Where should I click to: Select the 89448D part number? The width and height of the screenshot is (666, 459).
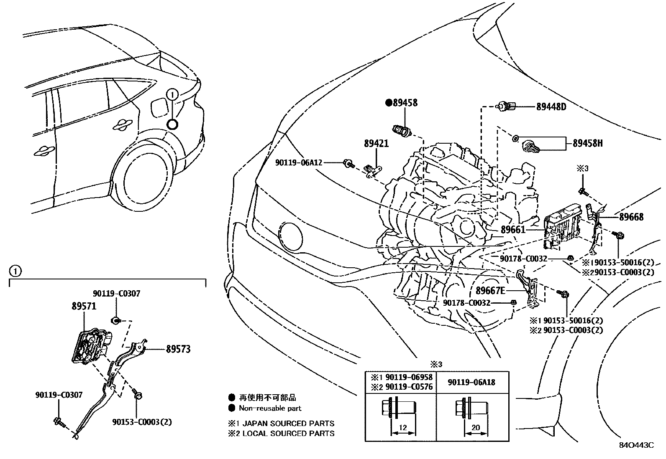point(551,107)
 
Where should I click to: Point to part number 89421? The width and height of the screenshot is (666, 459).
point(376,144)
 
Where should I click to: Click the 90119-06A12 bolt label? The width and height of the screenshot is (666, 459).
point(299,162)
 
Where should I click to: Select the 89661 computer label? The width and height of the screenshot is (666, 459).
point(513,229)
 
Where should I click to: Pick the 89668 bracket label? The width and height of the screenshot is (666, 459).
point(631,217)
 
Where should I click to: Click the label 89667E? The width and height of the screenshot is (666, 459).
point(490,290)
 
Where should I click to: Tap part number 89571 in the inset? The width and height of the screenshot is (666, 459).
point(84,306)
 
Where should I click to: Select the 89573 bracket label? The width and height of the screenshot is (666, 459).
point(178,349)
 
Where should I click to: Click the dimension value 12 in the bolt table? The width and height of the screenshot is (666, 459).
point(402,428)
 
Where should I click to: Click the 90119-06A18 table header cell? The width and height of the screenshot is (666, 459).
point(471,382)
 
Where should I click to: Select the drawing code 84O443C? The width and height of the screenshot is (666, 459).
point(636,445)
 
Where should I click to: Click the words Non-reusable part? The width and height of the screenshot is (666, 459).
point(270,408)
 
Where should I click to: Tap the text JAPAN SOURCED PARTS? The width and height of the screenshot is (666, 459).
point(288,423)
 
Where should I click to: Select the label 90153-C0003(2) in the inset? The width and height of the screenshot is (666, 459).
point(142,422)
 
